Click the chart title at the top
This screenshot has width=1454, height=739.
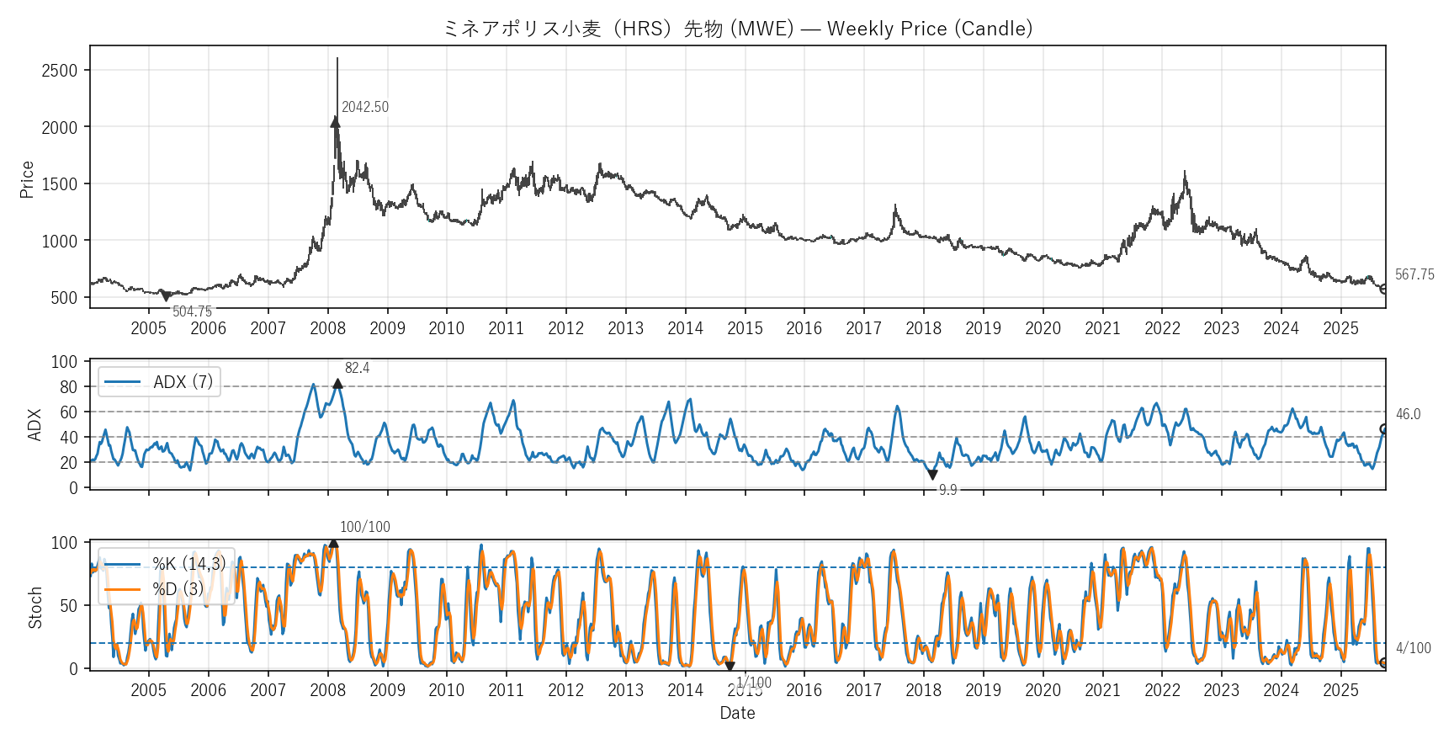click(x=737, y=29)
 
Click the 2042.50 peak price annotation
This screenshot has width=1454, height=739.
click(x=365, y=107)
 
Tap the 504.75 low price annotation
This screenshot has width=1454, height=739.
click(x=192, y=311)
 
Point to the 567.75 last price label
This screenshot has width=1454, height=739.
click(x=1414, y=274)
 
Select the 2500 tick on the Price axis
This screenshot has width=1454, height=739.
click(x=59, y=71)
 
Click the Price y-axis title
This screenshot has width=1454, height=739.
click(x=27, y=179)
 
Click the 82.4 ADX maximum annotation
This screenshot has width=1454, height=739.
click(x=357, y=368)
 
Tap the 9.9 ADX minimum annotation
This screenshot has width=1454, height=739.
click(x=947, y=490)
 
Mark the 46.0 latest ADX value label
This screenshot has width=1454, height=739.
click(x=1408, y=414)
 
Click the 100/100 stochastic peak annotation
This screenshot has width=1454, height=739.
click(x=364, y=527)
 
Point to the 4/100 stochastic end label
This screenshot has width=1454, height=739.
click(x=1413, y=648)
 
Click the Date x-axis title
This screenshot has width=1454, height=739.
click(x=737, y=713)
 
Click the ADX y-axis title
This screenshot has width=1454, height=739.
click(x=34, y=425)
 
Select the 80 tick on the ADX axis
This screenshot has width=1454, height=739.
click(x=68, y=387)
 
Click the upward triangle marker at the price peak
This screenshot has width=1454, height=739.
click(x=336, y=122)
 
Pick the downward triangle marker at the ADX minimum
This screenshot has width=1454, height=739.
click(x=932, y=475)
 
